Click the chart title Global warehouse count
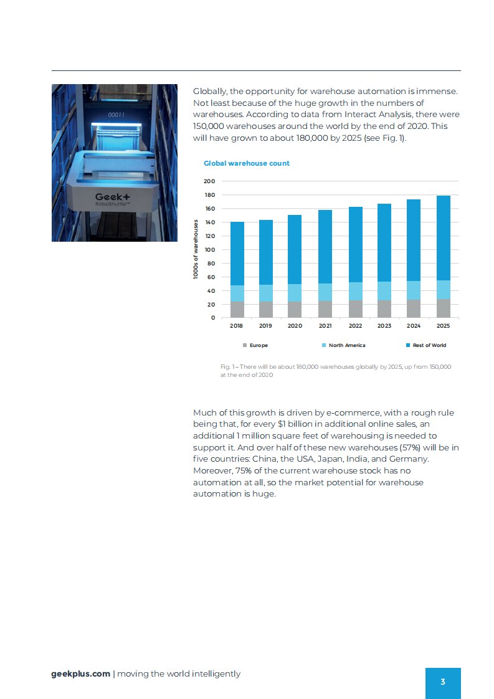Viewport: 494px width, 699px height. (x=246, y=163)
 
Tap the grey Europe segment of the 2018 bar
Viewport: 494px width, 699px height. (x=237, y=310)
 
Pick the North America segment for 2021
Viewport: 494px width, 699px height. (x=325, y=292)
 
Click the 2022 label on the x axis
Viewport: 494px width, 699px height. (x=355, y=326)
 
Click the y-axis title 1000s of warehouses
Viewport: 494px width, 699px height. (x=196, y=249)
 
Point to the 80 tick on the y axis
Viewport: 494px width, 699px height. (x=210, y=264)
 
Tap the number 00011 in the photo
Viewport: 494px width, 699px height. (x=116, y=115)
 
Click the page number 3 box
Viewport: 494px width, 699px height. (x=443, y=682)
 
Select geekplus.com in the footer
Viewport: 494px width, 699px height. (x=81, y=673)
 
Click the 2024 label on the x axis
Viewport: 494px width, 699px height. (x=414, y=326)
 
